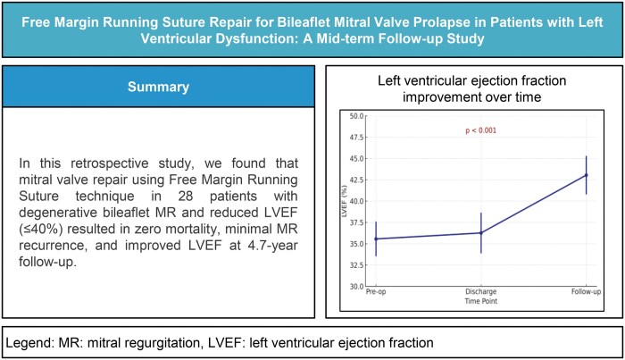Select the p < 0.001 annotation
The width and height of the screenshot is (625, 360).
click(480, 130)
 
